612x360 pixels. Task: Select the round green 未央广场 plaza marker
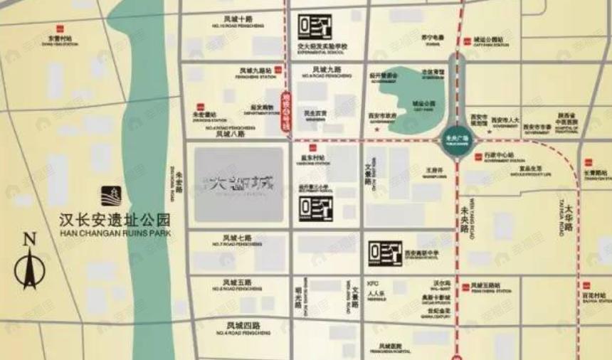(x=460, y=139)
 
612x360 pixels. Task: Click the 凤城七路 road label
(x=237, y=238)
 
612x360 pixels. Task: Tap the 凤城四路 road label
(x=237, y=325)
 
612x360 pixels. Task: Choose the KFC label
(x=370, y=282)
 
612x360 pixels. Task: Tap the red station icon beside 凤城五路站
(x=467, y=287)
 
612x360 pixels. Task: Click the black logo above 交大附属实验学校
(x=315, y=28)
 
